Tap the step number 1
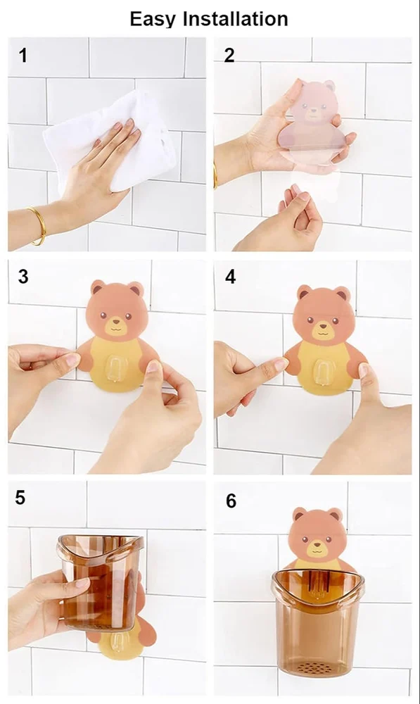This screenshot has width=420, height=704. [23, 56]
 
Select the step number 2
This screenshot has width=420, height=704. [229, 55]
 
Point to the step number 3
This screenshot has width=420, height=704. [23, 277]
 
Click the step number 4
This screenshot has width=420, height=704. [230, 277]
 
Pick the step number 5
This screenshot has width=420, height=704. [20, 498]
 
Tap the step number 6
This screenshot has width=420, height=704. [231, 501]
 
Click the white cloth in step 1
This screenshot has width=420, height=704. [112, 139]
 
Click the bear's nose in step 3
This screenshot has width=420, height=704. [116, 322]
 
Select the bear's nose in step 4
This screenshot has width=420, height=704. [322, 327]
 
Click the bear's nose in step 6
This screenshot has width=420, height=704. [317, 543]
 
